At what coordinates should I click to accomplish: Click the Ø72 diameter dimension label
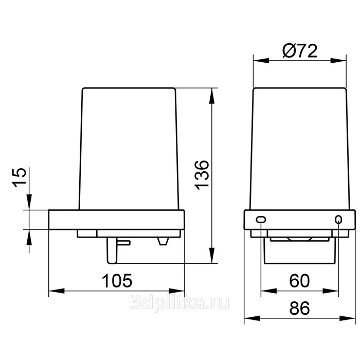coord(300,51)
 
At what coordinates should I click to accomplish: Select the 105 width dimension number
coord(117,281)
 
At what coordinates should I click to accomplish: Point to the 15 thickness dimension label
coord(19,177)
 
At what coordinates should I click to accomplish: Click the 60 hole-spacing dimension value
coord(299,281)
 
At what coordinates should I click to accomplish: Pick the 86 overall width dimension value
coord(299,308)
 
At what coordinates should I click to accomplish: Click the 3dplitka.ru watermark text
coord(180,302)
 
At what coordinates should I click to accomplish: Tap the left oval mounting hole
coord(261,220)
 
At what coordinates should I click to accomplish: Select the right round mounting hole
coord(338,219)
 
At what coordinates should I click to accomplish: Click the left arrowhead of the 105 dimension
coord(57,291)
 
